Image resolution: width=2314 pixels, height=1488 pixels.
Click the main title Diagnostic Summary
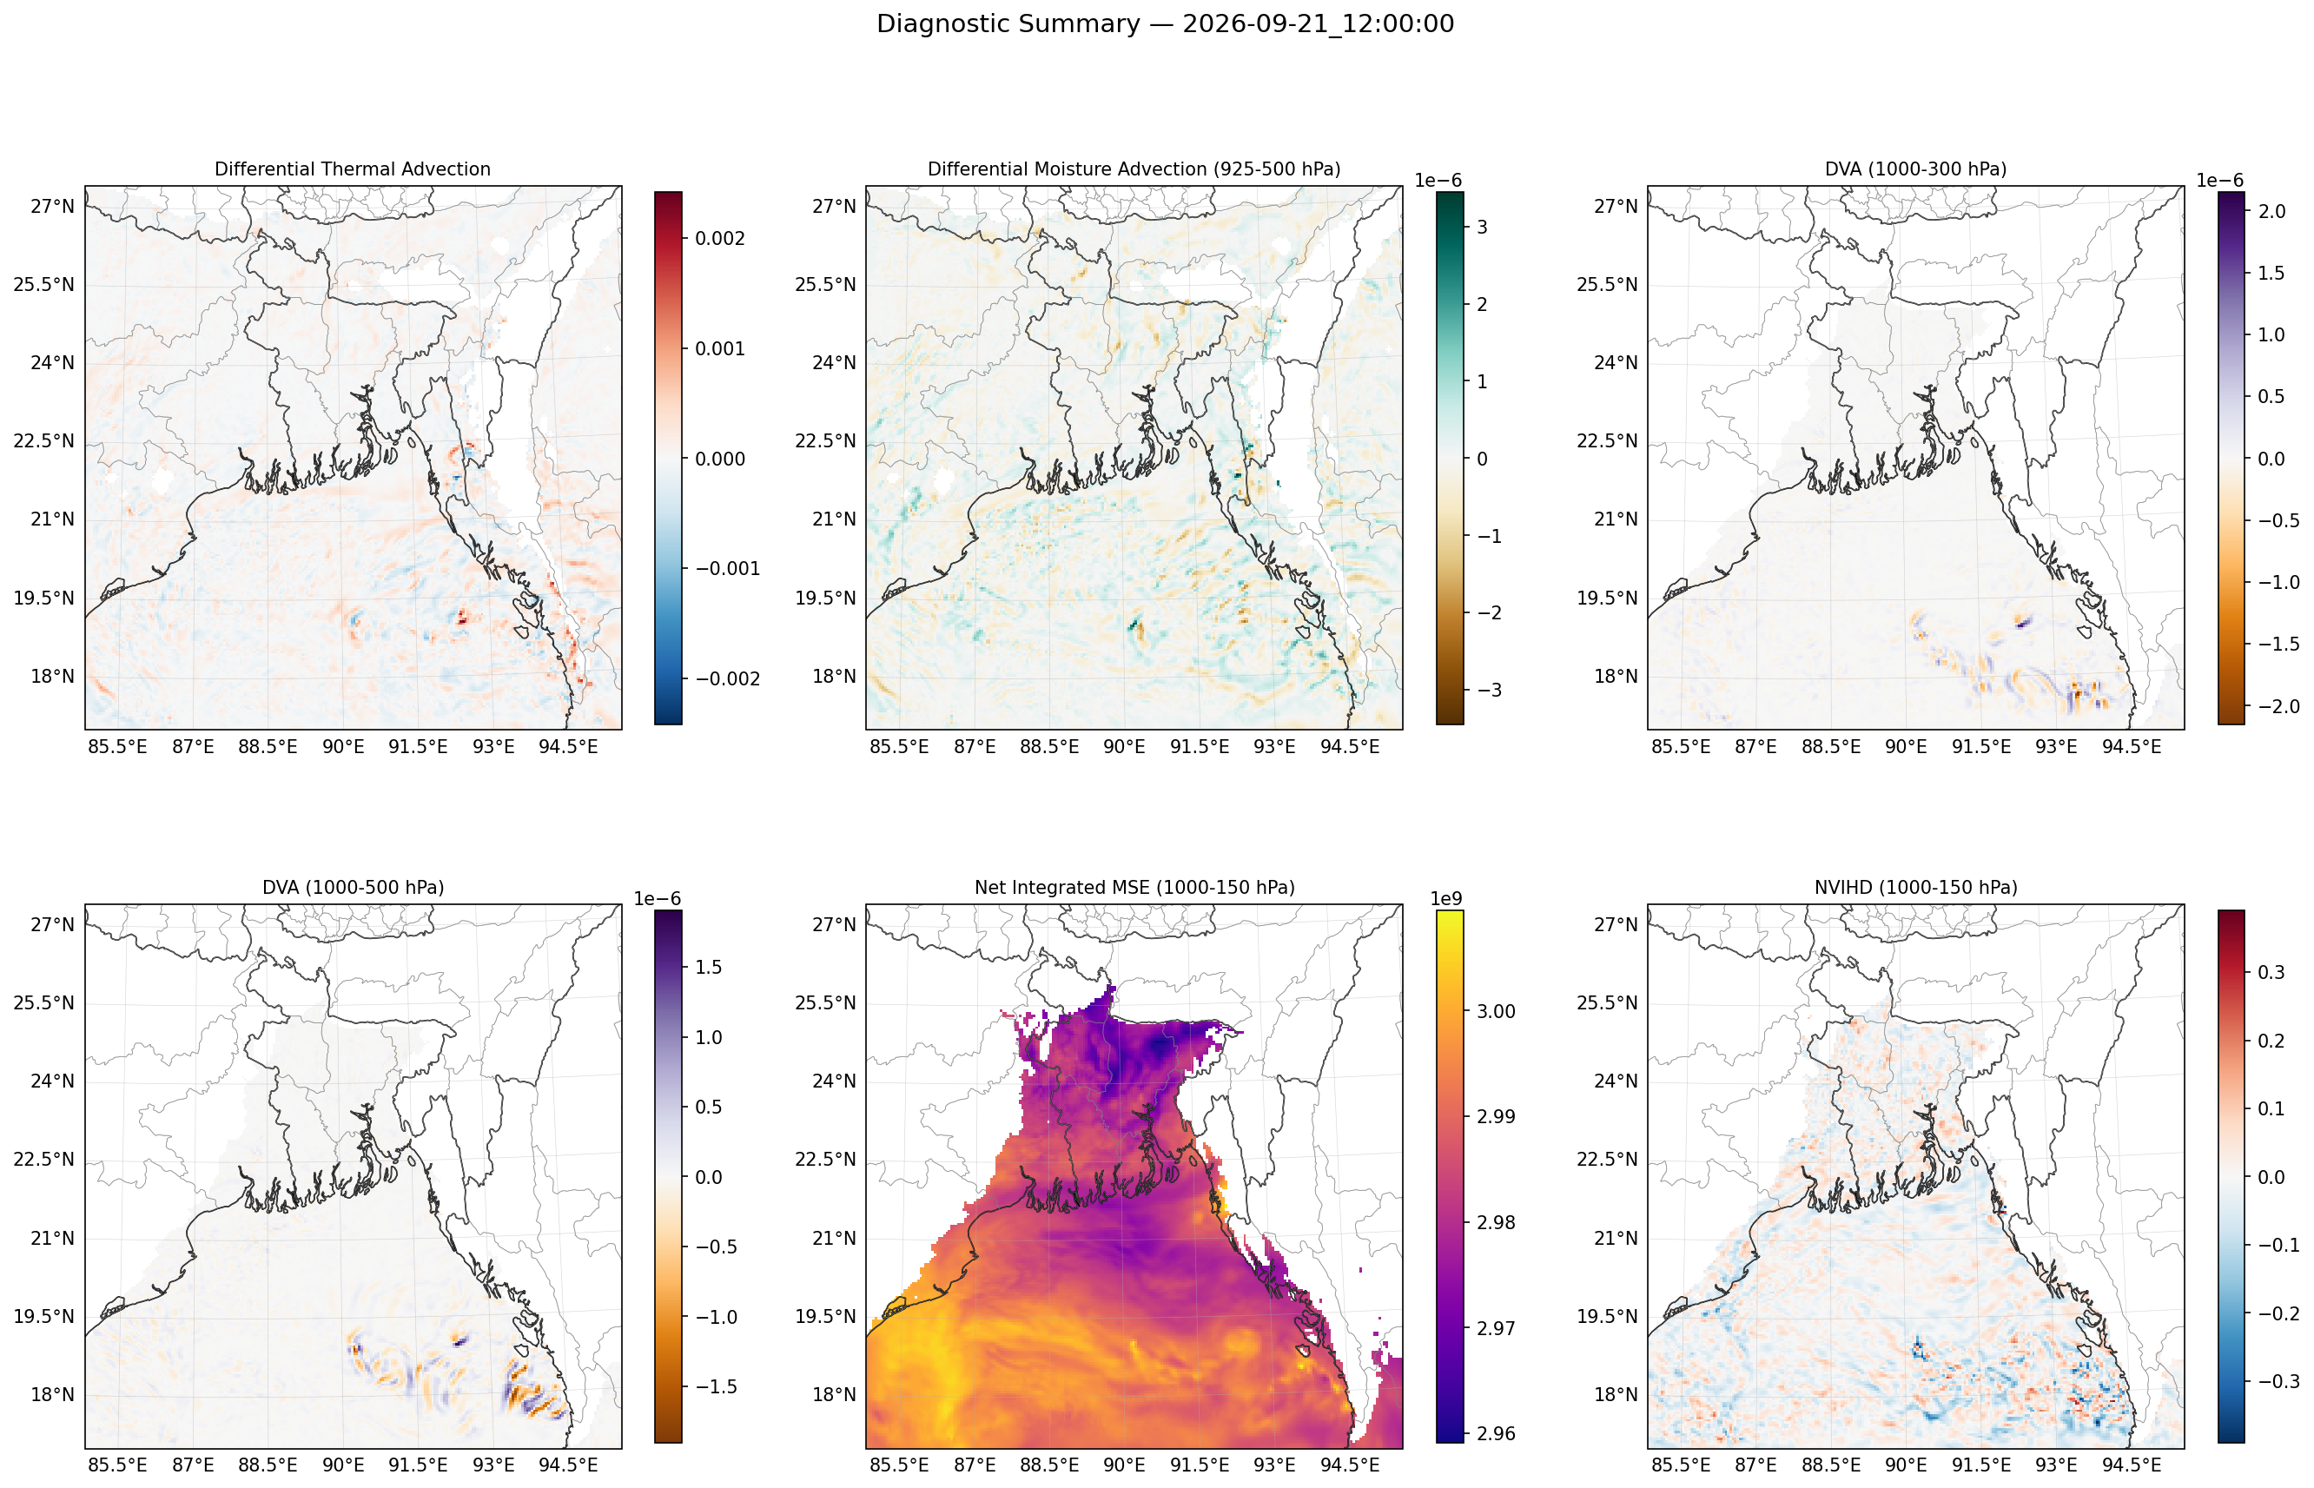[x=1008, y=24]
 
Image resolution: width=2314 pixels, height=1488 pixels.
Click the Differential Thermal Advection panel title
[x=353, y=169]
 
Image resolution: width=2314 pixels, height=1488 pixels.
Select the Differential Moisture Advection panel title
[x=1134, y=169]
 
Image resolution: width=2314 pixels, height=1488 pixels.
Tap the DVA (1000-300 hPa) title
[x=1915, y=169]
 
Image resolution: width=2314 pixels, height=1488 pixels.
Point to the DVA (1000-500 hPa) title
[x=353, y=887]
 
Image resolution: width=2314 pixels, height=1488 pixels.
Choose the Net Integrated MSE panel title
[x=1134, y=887]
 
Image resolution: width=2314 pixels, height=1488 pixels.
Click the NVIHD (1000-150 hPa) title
[x=1915, y=887]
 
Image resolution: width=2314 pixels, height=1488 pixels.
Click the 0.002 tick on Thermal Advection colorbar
[x=720, y=239]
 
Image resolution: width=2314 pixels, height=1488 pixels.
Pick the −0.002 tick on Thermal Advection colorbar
[x=726, y=678]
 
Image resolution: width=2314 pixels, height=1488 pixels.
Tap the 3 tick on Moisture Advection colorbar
[x=1482, y=227]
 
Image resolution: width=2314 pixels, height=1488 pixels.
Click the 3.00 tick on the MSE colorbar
[x=1496, y=1011]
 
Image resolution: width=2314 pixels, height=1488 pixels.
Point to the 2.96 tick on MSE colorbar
[x=1496, y=1433]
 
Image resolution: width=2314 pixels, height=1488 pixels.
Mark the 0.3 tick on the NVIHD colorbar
[x=2271, y=972]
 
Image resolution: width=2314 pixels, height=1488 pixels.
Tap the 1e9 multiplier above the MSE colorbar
[x=1446, y=898]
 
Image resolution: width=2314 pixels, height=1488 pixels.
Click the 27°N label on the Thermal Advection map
[x=52, y=206]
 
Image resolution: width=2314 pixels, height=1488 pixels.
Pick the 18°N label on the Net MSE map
[x=834, y=1394]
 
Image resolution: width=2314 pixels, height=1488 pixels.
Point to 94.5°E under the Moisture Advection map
[x=1350, y=747]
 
